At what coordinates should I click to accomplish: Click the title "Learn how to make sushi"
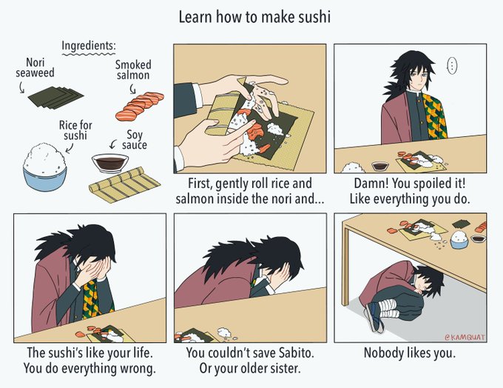[x=254, y=17]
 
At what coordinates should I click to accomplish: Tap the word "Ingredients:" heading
[x=89, y=46]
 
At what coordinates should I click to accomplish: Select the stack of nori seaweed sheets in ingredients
[x=55, y=97]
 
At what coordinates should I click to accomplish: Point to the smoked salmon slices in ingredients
[x=140, y=106]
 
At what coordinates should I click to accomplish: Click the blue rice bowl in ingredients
[x=45, y=167]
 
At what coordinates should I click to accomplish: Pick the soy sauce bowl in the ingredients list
[x=110, y=163]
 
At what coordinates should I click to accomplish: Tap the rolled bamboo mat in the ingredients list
[x=124, y=185]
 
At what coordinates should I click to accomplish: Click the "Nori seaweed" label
[x=36, y=67]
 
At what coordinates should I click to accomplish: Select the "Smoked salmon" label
[x=133, y=70]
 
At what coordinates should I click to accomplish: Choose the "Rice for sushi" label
[x=75, y=130]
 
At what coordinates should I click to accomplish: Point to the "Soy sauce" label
[x=135, y=140]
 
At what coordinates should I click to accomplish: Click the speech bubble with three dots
[x=452, y=66]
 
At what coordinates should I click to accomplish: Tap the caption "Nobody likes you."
[x=410, y=353]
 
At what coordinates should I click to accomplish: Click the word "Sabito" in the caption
[x=295, y=353]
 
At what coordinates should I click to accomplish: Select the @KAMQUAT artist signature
[x=465, y=337]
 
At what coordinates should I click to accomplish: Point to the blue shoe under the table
[x=374, y=316]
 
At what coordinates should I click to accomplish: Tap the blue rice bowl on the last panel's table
[x=459, y=240]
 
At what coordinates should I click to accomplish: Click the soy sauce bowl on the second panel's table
[x=380, y=167]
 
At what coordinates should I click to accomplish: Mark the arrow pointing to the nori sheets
[x=21, y=87]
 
